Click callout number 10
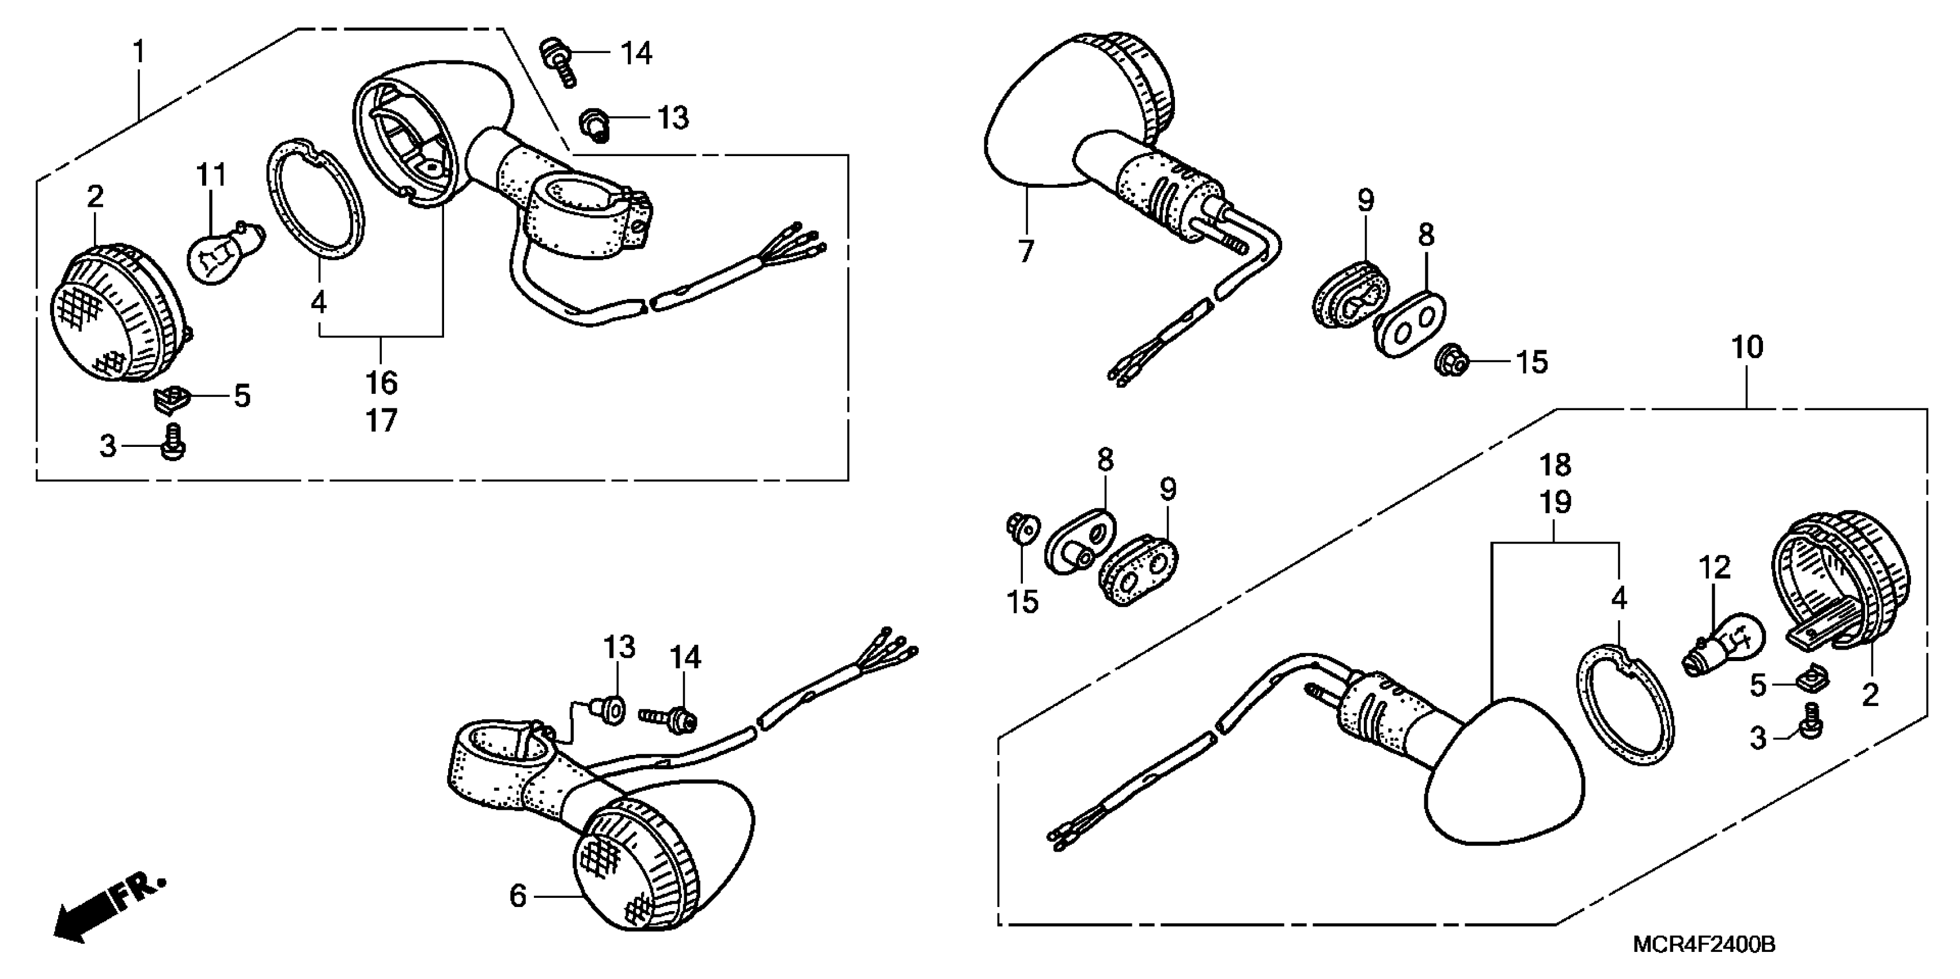click(x=1747, y=348)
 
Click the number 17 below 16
click(x=381, y=420)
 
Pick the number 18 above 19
click(x=1555, y=464)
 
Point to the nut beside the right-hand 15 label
click(x=1450, y=363)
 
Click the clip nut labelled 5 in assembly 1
click(x=170, y=398)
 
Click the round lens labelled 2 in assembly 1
click(x=118, y=312)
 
